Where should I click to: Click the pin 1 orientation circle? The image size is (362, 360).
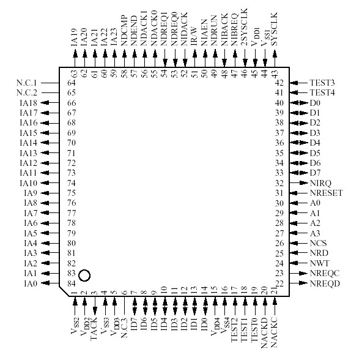(84, 276)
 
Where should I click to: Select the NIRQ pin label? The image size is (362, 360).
(320, 183)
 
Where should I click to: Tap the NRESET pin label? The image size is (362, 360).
(325, 193)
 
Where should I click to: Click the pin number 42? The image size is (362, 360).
(279, 83)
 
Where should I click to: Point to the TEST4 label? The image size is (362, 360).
(322, 92)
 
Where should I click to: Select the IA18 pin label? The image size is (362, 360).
(29, 103)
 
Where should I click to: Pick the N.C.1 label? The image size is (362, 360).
(28, 83)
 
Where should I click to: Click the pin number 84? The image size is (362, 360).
(72, 283)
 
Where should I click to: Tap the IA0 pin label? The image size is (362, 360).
(31, 283)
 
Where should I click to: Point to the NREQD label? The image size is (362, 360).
(324, 283)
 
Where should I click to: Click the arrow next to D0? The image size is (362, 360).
(299, 103)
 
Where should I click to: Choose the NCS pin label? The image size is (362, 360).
(317, 243)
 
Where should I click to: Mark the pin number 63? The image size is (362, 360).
(74, 73)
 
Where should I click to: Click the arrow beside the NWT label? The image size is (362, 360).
(298, 263)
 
